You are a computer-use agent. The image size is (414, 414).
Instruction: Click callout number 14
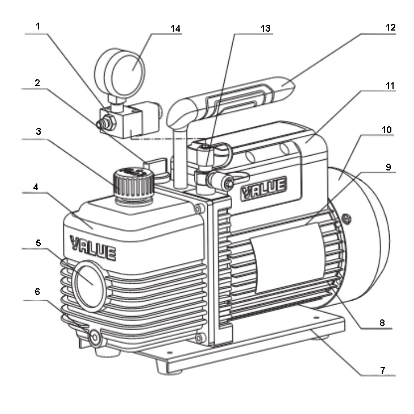click(176, 28)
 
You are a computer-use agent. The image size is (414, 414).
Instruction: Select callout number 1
click(38, 26)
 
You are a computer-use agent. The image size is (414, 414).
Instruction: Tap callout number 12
click(391, 27)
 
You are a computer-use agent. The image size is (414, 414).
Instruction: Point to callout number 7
click(383, 370)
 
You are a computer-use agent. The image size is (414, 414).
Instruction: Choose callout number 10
click(387, 130)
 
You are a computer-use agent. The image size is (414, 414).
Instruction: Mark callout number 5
click(39, 242)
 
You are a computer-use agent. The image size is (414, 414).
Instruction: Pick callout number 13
click(266, 28)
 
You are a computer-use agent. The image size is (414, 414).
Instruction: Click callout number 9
click(388, 167)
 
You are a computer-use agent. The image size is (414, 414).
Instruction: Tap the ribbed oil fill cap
click(134, 183)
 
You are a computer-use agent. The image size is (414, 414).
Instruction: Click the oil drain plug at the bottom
click(94, 337)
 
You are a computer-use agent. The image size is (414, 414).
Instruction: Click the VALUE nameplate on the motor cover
click(264, 187)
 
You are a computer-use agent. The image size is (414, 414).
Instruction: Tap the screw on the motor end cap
click(347, 219)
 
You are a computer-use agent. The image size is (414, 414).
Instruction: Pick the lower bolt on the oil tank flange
click(199, 338)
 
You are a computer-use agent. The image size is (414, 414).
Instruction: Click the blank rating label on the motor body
click(288, 258)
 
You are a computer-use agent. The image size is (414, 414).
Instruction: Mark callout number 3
click(39, 131)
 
